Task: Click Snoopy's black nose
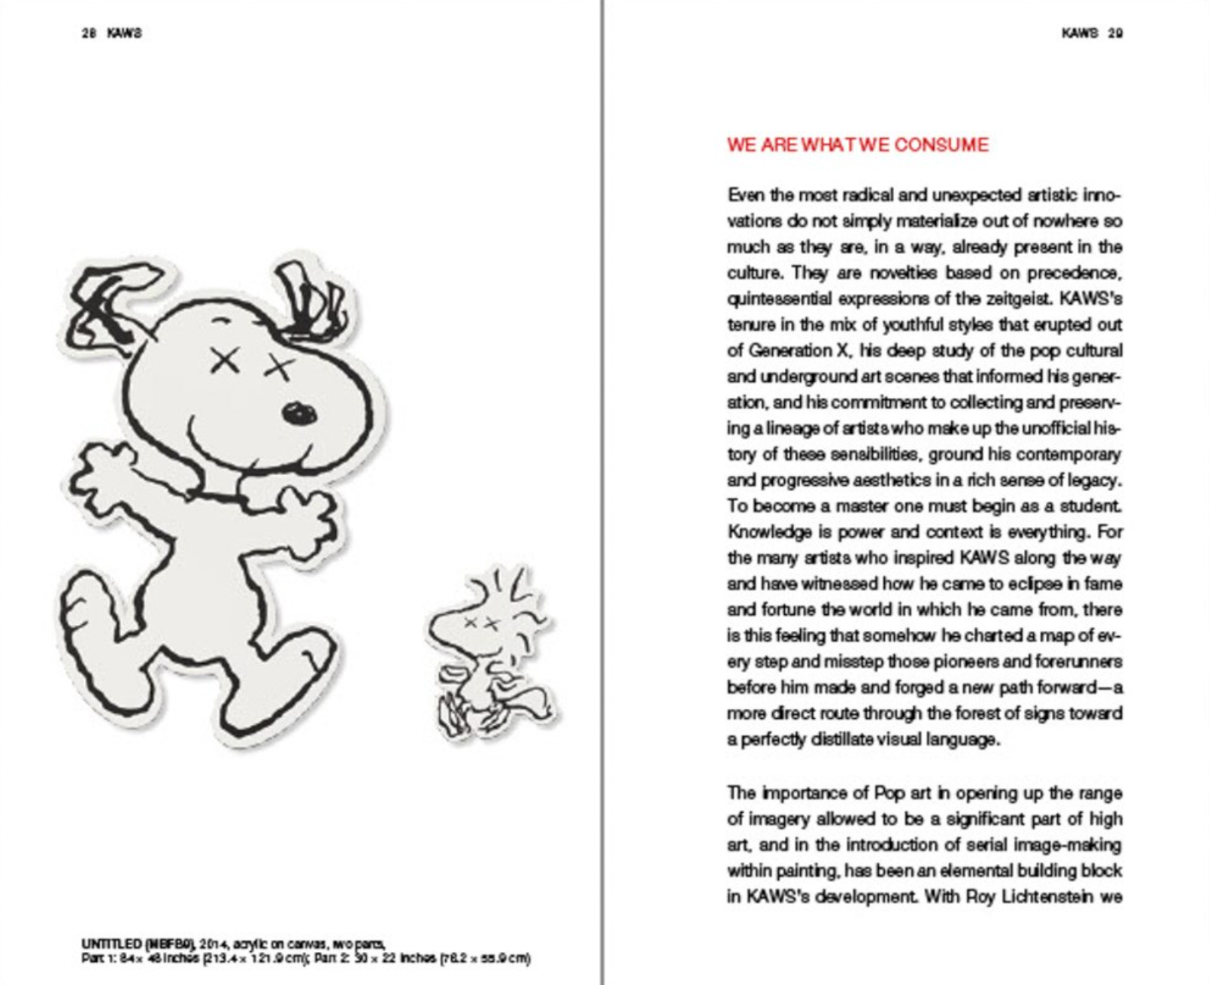coord(299,413)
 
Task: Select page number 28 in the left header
coord(89,33)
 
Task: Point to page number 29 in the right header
coord(1116,33)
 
